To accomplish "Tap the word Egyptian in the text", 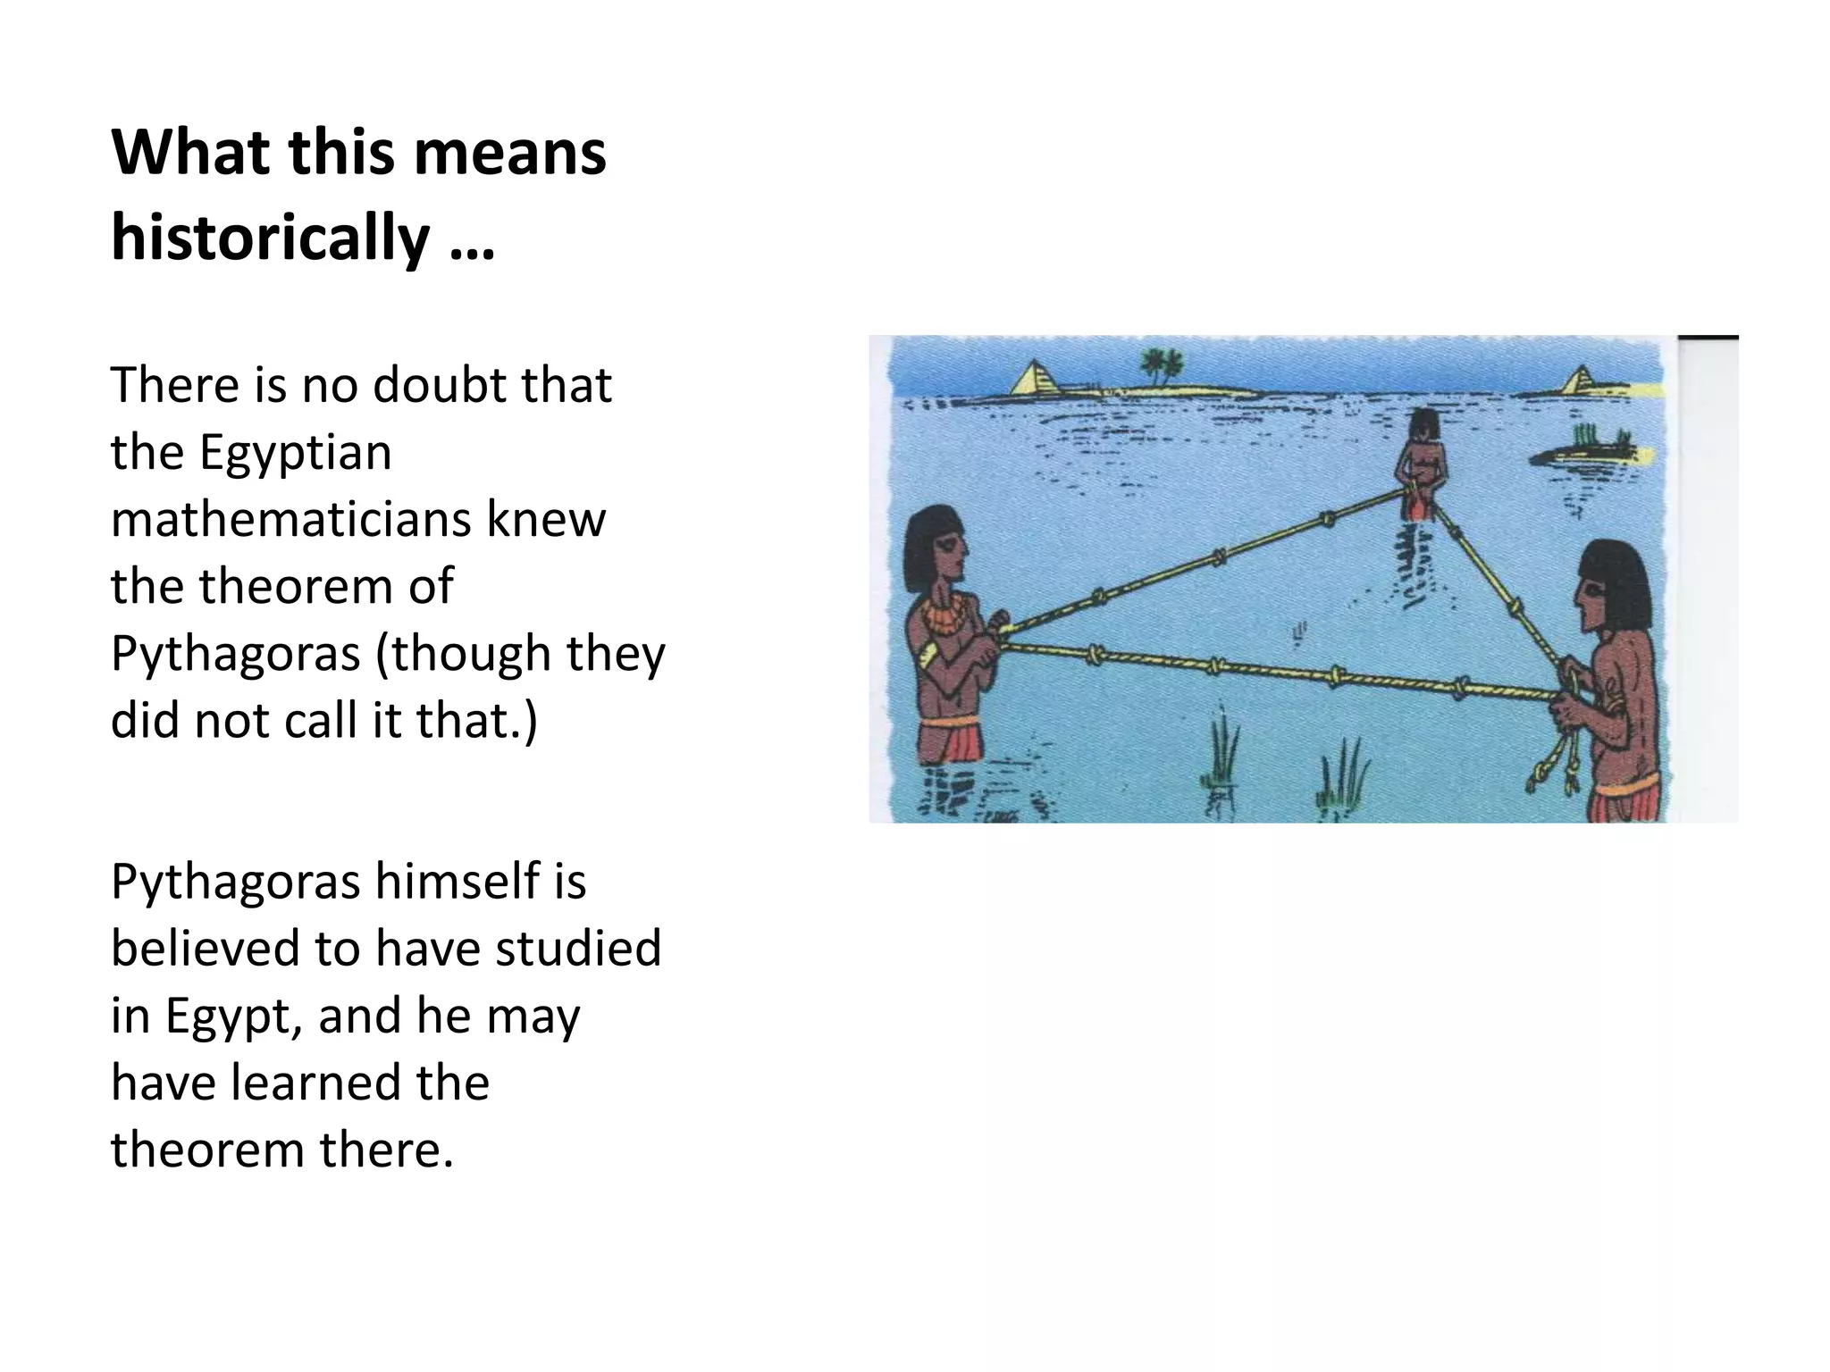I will [295, 452].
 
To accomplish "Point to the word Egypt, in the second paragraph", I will [232, 1016].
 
